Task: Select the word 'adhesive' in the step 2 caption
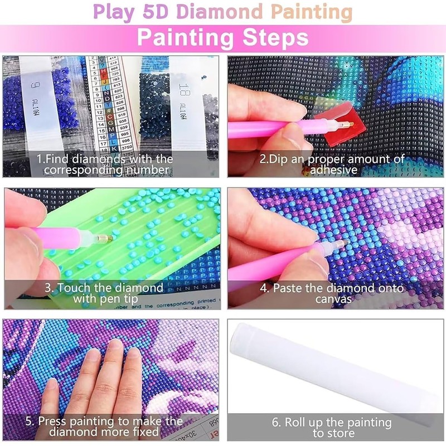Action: [x=334, y=169]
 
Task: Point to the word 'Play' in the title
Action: [x=108, y=12]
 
